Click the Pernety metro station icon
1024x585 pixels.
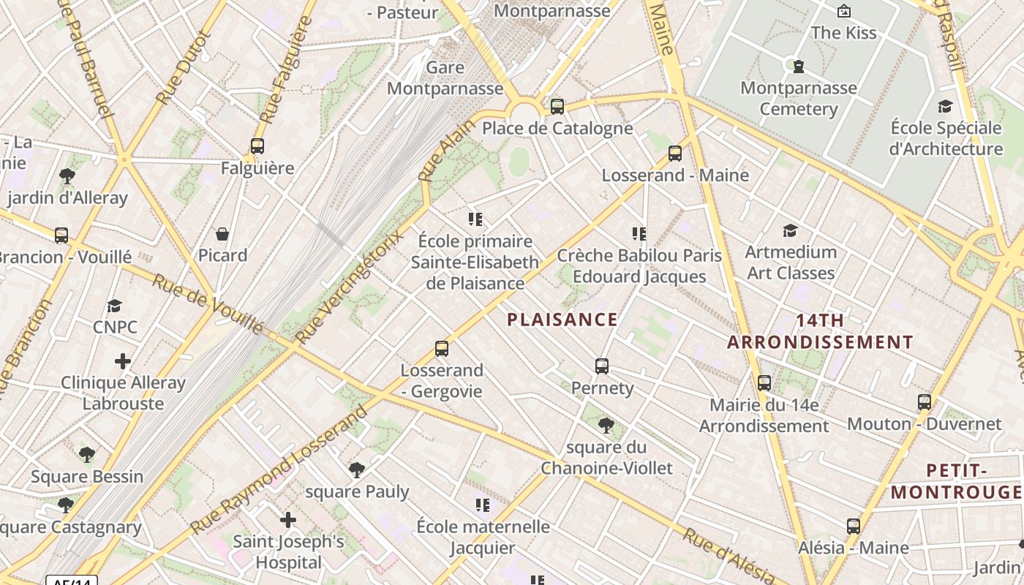602,366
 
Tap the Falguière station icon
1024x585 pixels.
257,146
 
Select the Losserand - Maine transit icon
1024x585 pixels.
675,154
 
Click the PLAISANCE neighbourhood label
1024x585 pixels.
562,320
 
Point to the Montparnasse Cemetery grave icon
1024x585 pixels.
799,67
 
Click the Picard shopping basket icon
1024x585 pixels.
222,234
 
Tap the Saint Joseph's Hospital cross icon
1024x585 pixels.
288,520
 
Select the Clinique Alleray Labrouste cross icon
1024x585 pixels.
123,361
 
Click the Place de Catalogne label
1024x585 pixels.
557,129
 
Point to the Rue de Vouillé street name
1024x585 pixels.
206,303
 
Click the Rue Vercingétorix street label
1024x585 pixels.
349,287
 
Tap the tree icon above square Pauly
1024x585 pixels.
357,469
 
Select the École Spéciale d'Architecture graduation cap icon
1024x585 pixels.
945,107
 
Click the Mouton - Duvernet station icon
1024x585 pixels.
925,402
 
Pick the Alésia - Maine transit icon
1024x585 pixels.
853,526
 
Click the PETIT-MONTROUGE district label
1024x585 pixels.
956,481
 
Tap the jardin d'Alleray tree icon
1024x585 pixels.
67,176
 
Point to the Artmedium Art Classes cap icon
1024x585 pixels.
790,231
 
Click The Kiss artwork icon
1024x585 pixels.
843,11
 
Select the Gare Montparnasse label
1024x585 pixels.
445,78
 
